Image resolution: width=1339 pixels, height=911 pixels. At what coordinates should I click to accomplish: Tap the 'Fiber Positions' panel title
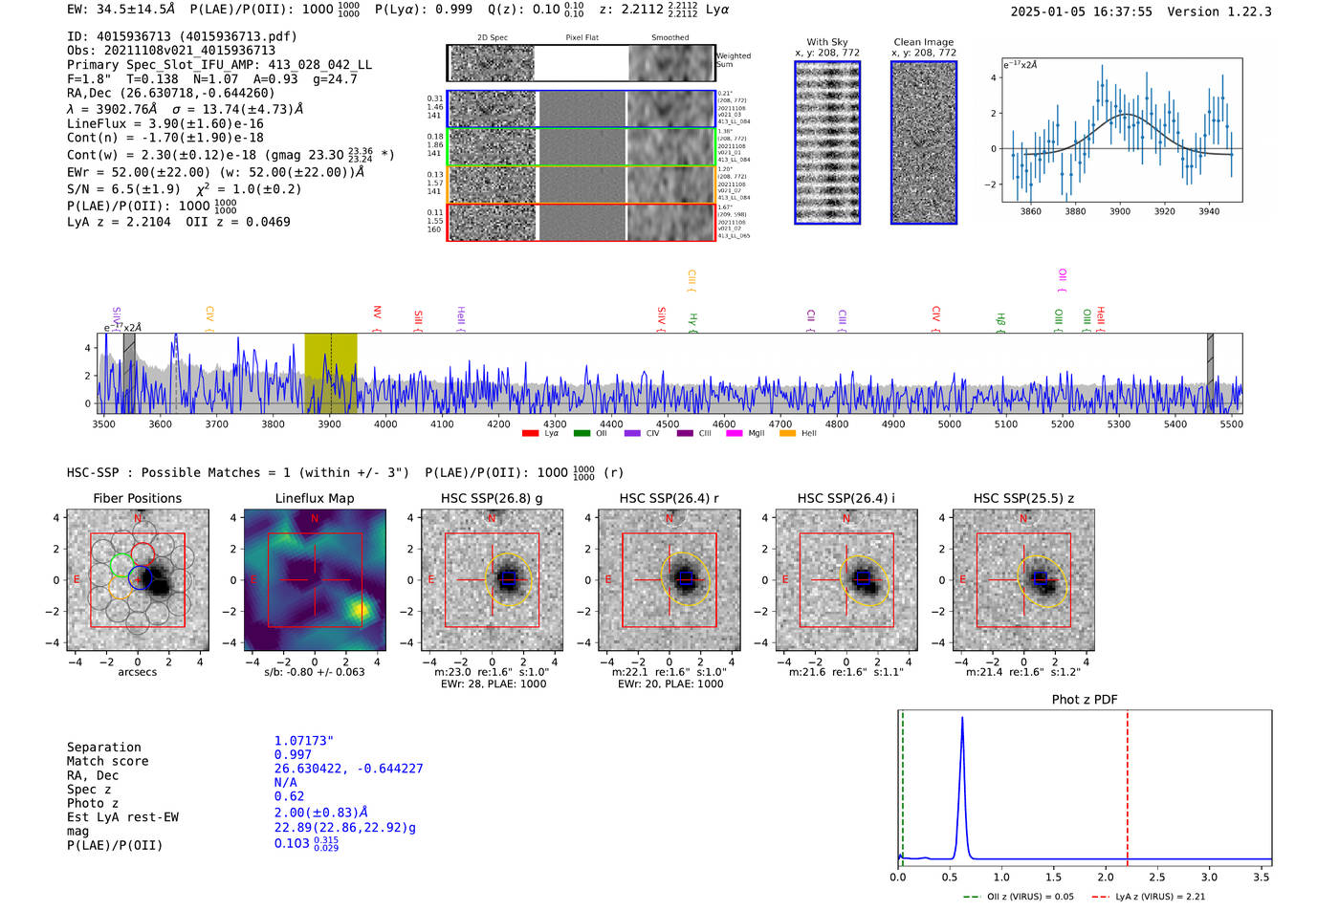137,498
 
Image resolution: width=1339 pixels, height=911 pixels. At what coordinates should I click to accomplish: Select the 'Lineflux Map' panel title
315,498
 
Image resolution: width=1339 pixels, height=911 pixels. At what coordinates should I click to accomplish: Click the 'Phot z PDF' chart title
1085,700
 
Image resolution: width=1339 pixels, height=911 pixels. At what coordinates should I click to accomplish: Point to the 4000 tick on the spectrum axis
385,424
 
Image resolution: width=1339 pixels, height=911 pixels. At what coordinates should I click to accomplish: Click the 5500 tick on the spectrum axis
1231,424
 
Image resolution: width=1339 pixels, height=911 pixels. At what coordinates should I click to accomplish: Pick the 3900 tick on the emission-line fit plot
1120,211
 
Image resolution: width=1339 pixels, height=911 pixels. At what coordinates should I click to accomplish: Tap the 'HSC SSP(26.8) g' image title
492,498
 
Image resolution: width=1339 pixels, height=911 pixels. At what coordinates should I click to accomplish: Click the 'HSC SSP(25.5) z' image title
1023,498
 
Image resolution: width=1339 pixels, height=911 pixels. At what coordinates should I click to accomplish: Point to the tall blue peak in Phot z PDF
962,727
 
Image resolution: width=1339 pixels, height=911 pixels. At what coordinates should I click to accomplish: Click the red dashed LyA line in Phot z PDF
1128,784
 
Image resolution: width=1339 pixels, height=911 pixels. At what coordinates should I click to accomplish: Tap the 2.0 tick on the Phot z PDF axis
1106,877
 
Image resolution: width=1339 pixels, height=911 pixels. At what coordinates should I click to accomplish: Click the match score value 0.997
293,755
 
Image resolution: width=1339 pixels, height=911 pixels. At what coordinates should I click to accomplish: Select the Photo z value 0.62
289,796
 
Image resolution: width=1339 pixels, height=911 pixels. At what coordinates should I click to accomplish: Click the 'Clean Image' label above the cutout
923,42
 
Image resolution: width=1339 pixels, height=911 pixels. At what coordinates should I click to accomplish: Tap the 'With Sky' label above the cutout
826,42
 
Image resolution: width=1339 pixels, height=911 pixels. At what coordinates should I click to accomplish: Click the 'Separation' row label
103,748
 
